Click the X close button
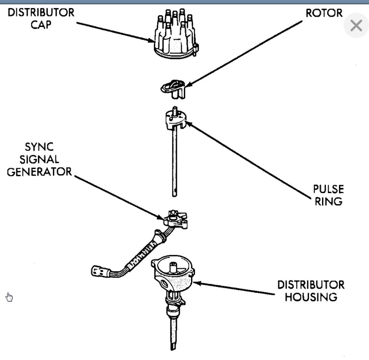point(356,26)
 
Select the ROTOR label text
point(324,13)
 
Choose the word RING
point(327,201)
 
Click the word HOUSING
point(311,297)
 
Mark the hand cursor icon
point(9,297)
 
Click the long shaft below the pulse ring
point(174,165)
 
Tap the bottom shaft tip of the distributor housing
point(174,345)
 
